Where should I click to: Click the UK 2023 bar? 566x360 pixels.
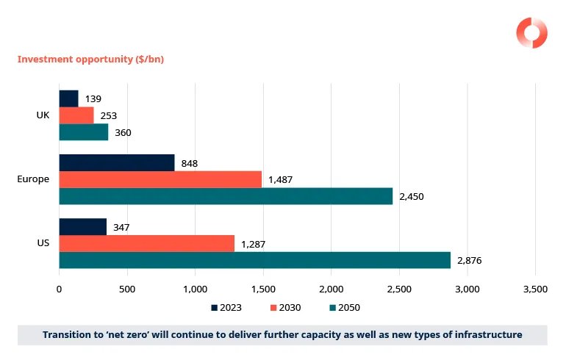pos(68,98)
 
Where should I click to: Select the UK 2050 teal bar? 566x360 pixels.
pos(83,132)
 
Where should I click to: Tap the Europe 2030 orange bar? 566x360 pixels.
pos(160,179)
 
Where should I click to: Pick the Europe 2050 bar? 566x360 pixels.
pos(225,196)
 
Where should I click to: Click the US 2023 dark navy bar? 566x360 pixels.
pos(82,226)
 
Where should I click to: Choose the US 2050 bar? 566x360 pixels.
pos(254,260)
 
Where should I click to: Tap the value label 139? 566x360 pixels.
pos(93,98)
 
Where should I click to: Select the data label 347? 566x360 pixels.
pos(121,227)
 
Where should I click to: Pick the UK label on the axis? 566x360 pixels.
pos(43,115)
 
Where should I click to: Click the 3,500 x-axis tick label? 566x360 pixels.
pos(534,289)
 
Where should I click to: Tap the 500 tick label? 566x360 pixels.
pos(127,289)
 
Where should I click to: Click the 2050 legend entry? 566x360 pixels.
pos(345,308)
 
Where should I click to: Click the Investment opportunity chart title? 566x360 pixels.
pos(90,59)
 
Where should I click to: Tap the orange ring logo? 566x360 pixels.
pos(531,32)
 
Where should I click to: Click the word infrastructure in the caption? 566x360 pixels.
pos(486,334)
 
